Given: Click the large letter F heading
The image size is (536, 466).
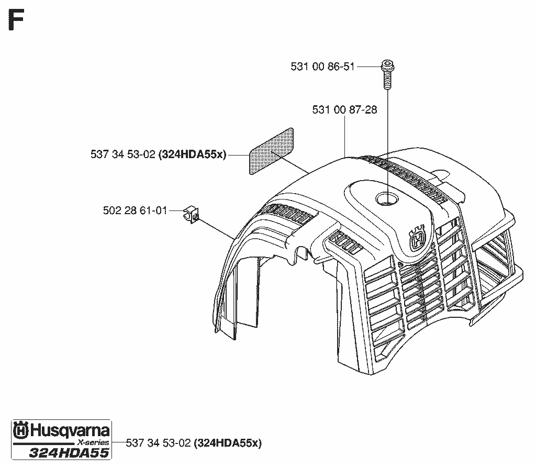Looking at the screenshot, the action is tap(16, 20).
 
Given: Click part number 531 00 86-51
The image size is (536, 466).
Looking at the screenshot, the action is tap(322, 66).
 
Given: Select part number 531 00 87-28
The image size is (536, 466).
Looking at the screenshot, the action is tap(344, 109).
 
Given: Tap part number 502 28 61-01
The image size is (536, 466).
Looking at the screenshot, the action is tap(135, 210).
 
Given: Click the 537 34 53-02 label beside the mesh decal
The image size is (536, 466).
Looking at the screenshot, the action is tap(123, 154).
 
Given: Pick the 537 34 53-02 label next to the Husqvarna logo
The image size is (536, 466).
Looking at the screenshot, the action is tap(158, 443).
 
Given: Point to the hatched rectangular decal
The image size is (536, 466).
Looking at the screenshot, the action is tap(272, 151).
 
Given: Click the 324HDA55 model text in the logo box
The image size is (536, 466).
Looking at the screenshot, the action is tap(69, 453).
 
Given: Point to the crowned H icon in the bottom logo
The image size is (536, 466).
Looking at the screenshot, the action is tap(21, 430).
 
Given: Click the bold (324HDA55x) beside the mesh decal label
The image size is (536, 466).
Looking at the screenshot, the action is tap(193, 154).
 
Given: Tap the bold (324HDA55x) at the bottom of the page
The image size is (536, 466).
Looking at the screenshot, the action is tap(228, 443).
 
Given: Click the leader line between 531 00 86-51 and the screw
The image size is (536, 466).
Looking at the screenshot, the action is tap(369, 66).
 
